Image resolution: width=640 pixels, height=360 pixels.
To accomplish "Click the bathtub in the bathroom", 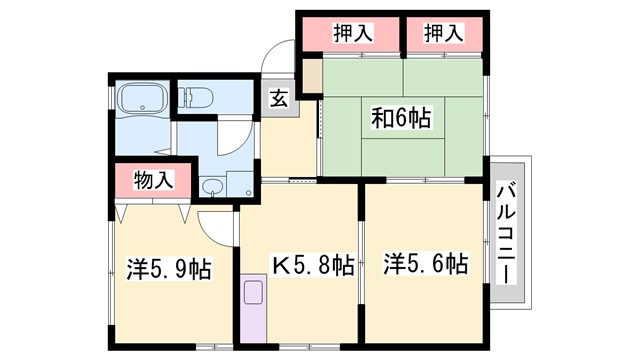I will point(142,100).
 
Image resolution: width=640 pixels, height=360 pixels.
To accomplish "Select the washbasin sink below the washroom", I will point(211,187).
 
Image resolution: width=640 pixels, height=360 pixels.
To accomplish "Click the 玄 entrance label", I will point(279,99).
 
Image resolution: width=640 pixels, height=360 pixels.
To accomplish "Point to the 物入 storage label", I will point(154,181).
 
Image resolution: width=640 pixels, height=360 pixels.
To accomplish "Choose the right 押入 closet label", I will point(443,34).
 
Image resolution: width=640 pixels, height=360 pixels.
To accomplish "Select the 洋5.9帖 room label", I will point(168,269).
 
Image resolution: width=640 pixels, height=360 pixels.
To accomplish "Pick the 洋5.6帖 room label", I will point(425,264).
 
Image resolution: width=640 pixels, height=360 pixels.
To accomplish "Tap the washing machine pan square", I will point(241,184).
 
